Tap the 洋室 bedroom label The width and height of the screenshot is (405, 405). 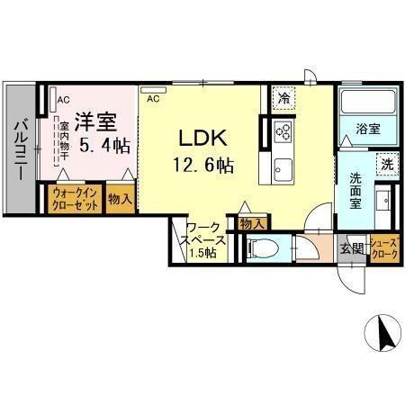(94, 119)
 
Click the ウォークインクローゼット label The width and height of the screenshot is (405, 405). (75, 199)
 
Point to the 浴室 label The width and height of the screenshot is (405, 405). (365, 129)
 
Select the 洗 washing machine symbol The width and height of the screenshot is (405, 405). (385, 165)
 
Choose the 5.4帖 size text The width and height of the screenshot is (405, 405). (103, 144)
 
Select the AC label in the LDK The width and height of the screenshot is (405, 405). (152, 98)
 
